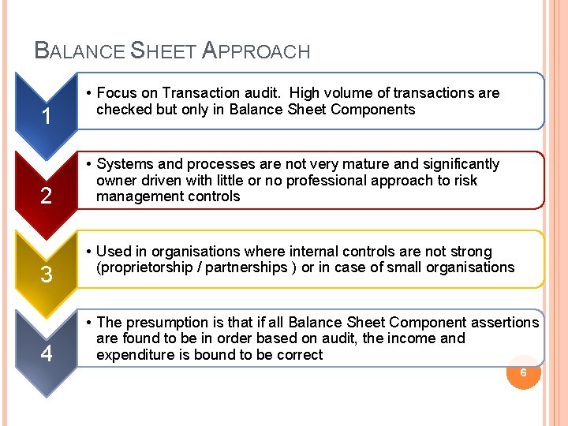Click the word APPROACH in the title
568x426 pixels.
(x=256, y=52)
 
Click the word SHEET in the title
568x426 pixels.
(x=163, y=52)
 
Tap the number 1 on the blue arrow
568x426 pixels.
(x=47, y=118)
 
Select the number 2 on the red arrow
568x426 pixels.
(x=47, y=195)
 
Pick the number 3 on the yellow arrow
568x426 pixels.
(x=47, y=275)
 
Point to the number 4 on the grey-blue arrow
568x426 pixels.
(x=47, y=353)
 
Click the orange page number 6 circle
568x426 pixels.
(x=523, y=372)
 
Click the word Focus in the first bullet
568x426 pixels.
(x=117, y=93)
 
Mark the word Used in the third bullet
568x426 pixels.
(x=113, y=252)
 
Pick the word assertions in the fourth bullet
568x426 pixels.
(x=505, y=322)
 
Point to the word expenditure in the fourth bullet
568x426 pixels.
(x=133, y=354)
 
